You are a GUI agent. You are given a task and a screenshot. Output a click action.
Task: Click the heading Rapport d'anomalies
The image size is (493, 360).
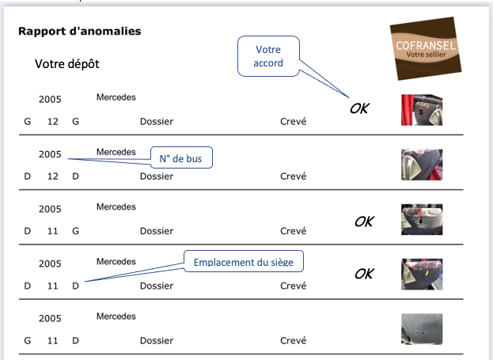coord(80,31)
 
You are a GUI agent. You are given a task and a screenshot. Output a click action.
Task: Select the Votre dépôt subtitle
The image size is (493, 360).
coord(67,64)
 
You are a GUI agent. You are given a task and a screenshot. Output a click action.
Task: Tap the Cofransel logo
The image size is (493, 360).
coord(426,49)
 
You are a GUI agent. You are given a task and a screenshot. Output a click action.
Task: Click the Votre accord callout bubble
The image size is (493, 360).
coord(268,56)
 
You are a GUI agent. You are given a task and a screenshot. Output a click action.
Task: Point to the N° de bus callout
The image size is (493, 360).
coord(181,157)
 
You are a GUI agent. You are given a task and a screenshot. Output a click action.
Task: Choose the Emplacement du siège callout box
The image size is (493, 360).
coord(244,261)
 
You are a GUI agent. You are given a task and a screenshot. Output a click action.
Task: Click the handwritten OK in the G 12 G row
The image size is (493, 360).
coord(359,108)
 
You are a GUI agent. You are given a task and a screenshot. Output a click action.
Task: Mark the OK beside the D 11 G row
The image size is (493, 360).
coord(364,222)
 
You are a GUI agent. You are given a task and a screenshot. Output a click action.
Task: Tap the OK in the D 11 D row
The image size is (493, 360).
coord(364,274)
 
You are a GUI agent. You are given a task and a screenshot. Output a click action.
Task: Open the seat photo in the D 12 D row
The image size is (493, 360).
coord(422,165)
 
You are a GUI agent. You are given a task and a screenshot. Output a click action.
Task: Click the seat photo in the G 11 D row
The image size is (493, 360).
coord(422,329)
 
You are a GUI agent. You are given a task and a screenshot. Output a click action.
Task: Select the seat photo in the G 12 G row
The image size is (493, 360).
coord(422,110)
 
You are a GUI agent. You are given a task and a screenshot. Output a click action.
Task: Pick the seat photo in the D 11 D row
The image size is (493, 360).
coord(422,275)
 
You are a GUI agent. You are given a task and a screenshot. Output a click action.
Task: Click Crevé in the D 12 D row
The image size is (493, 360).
coord(293,176)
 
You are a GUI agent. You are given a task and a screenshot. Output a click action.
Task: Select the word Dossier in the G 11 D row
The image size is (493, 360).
coord(157,340)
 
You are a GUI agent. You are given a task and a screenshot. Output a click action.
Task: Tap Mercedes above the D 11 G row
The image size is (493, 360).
coord(116,207)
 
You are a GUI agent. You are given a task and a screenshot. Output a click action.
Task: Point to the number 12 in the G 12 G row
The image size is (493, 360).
coord(53,121)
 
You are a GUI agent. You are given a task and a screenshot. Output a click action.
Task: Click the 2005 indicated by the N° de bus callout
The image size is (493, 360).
coord(50,154)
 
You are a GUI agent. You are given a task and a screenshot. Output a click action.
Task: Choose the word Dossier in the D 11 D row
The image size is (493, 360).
coord(157,286)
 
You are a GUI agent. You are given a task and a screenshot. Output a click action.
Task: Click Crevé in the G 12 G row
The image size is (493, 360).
coord(293,121)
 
